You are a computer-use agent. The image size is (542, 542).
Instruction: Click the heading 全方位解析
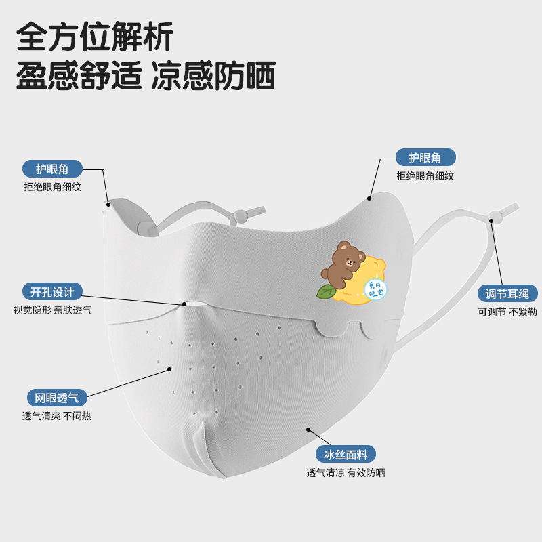[95, 35]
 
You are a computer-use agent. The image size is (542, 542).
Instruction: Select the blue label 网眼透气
[57, 398]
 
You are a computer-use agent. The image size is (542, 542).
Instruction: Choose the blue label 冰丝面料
[346, 455]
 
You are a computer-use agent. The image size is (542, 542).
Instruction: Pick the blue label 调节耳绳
[507, 293]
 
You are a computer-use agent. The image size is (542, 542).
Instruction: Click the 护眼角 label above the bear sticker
[425, 158]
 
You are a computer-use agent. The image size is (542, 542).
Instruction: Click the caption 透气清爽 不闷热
[57, 416]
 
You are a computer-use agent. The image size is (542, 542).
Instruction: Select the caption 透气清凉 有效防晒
[346, 473]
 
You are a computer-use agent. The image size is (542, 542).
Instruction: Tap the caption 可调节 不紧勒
[507, 312]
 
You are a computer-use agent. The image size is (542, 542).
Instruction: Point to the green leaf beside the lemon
[326, 291]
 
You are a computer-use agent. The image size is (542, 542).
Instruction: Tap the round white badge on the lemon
[375, 289]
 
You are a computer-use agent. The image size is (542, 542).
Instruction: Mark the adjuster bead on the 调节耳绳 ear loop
[495, 217]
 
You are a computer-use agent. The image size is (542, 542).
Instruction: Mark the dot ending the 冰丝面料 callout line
[309, 429]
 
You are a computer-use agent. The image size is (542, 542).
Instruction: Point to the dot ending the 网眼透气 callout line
[170, 369]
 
